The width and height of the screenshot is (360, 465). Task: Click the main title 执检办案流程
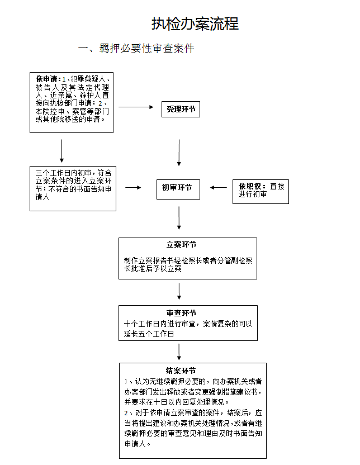(x=195, y=23)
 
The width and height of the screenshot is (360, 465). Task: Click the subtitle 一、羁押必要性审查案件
(x=136, y=48)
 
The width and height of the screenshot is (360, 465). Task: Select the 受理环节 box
(x=181, y=110)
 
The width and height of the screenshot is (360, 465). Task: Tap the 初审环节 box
(x=178, y=189)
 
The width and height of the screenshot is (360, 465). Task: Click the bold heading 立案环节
(x=181, y=245)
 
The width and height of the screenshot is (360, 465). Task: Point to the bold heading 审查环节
(x=181, y=313)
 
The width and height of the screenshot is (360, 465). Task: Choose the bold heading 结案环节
(x=181, y=371)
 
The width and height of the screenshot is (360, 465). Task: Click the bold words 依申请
(x=46, y=79)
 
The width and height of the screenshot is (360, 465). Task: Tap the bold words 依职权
(x=250, y=186)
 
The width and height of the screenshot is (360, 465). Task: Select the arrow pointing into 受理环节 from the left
(x=136, y=107)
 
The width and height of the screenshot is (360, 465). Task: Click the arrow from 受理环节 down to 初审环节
(x=179, y=153)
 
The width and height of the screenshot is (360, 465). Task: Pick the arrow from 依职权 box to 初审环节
(x=218, y=187)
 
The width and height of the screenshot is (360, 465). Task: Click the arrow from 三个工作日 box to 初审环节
(x=133, y=187)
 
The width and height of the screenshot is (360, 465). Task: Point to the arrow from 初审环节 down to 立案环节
(x=179, y=218)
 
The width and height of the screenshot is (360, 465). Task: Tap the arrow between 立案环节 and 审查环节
(x=179, y=291)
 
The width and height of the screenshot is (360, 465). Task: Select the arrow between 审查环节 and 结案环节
(x=179, y=352)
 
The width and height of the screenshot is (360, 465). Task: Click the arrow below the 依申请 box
(x=61, y=151)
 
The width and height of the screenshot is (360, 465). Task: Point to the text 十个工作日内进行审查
(x=159, y=324)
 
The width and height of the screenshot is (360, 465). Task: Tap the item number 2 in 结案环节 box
(x=126, y=413)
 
